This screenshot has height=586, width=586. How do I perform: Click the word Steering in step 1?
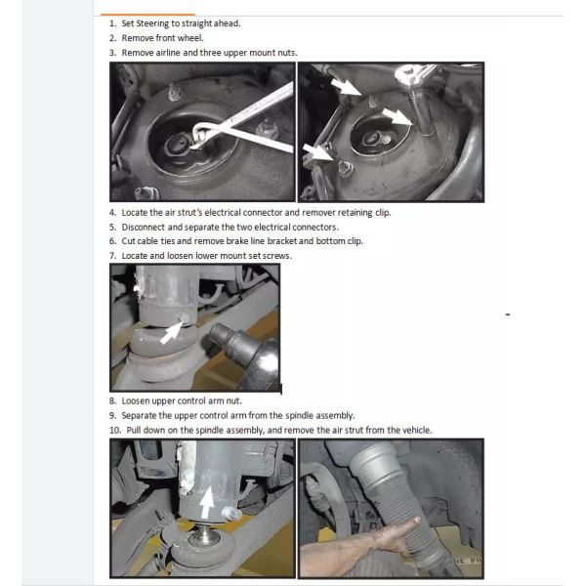pyautogui.click(x=152, y=23)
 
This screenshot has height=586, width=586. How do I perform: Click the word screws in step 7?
pyautogui.click(x=277, y=256)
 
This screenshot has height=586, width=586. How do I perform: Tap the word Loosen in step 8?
pyautogui.click(x=135, y=401)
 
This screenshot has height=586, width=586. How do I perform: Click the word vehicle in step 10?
pyautogui.click(x=418, y=430)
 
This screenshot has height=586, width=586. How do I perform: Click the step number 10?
pyautogui.click(x=115, y=431)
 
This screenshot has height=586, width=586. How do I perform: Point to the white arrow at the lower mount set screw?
pyautogui.click(x=171, y=332)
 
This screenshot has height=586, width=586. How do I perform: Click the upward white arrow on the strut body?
pyautogui.click(x=207, y=503)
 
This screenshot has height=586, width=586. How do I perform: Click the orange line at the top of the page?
pyautogui.click(x=148, y=15)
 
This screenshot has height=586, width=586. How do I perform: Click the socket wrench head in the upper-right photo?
pyautogui.click(x=409, y=75)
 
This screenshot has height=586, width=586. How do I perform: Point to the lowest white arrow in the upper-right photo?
pyautogui.click(x=316, y=152)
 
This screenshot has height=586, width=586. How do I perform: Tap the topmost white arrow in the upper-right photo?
pyautogui.click(x=346, y=87)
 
